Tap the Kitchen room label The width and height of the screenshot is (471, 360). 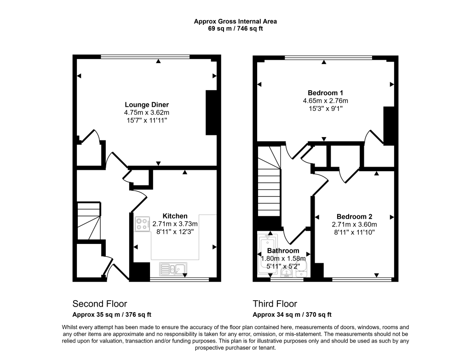click(x=175, y=216)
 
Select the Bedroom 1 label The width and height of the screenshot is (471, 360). click(x=325, y=92)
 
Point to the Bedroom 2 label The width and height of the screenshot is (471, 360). click(x=354, y=217)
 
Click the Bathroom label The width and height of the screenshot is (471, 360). click(x=283, y=251)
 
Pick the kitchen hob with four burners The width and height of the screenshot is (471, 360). click(x=142, y=224)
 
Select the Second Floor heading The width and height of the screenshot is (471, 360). click(x=100, y=304)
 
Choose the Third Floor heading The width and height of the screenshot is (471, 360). click(x=275, y=304)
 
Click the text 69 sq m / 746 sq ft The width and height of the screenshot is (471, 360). click(x=235, y=29)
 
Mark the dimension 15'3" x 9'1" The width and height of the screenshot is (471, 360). click(x=325, y=109)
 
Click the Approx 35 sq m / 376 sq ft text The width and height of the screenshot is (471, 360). click(x=112, y=315)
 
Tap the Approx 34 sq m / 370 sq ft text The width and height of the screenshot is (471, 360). click(x=292, y=315)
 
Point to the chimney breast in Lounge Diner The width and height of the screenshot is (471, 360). click(x=211, y=113)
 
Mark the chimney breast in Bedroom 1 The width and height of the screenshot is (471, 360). click(x=389, y=125)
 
